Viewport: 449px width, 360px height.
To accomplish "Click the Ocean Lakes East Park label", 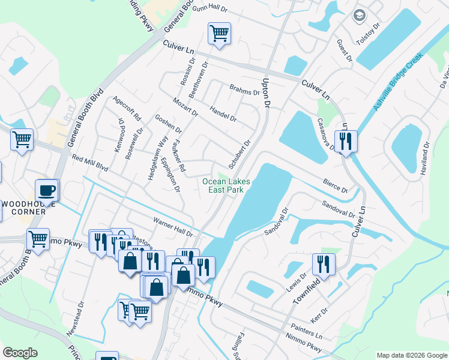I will [x=226, y=185].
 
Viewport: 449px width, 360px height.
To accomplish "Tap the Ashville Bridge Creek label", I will [x=398, y=81].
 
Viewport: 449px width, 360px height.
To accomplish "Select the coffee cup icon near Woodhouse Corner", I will [x=47, y=191].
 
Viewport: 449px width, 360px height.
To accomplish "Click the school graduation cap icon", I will [x=360, y=16].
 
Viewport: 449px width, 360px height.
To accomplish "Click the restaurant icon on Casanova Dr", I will [x=346, y=142].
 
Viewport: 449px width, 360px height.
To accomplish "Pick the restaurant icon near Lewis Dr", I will [x=324, y=264].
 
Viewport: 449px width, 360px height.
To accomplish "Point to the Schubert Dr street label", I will [x=239, y=155].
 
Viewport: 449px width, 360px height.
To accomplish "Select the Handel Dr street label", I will [x=223, y=113].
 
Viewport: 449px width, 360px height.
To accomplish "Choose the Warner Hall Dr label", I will [x=173, y=227].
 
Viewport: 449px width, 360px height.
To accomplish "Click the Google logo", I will [x=20, y=353].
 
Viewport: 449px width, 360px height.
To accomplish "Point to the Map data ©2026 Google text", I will [x=411, y=355].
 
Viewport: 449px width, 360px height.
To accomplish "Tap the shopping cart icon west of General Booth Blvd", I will [x=22, y=140].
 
